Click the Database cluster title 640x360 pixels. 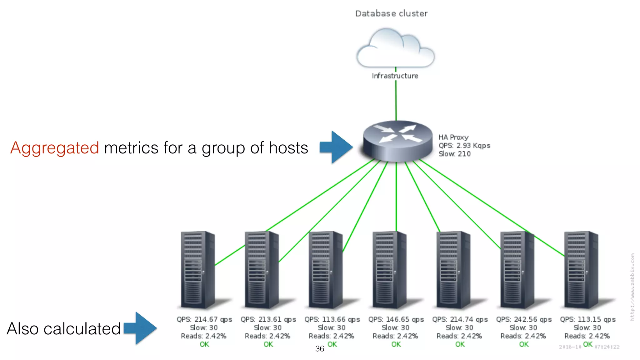(391, 13)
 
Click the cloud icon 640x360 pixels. (395, 48)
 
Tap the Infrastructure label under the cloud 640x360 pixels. (395, 76)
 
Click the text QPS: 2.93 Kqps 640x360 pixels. (464, 146)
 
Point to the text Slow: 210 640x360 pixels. (454, 154)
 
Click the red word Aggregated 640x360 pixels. (55, 147)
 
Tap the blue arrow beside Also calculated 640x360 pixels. (141, 328)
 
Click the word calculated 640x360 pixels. (82, 329)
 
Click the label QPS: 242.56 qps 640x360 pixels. (524, 319)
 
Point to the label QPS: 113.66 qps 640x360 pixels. (332, 319)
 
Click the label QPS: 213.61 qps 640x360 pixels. (268, 319)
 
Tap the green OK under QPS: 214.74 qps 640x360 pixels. (460, 344)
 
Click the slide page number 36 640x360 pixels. (319, 349)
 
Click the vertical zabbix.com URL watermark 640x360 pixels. (632, 287)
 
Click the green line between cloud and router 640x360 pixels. (396, 100)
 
